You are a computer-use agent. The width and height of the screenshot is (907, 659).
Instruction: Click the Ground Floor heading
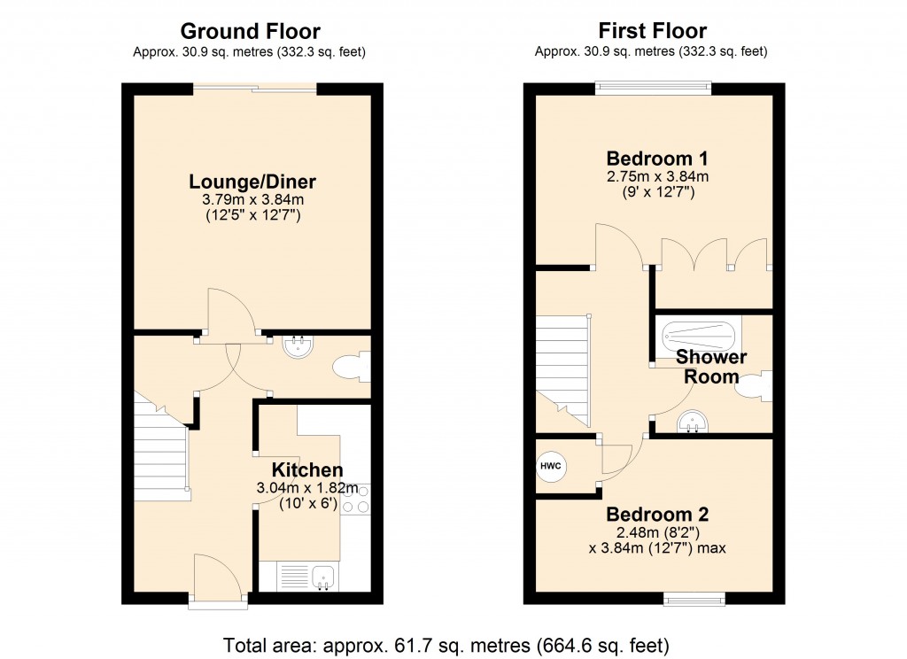251,33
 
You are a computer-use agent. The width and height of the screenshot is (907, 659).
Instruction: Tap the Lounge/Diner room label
252,182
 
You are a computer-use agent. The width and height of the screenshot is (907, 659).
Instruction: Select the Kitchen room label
307,469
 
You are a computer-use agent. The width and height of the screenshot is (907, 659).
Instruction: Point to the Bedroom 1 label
656,159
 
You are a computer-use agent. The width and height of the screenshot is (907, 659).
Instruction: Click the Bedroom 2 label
656,514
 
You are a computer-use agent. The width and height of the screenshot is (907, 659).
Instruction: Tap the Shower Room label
711,367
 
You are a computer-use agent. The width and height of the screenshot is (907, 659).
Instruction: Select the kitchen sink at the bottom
306,577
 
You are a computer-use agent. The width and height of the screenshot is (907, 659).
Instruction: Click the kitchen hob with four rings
355,500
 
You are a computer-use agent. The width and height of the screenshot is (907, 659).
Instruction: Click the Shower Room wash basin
693,425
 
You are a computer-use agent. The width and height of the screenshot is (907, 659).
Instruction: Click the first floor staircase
562,363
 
